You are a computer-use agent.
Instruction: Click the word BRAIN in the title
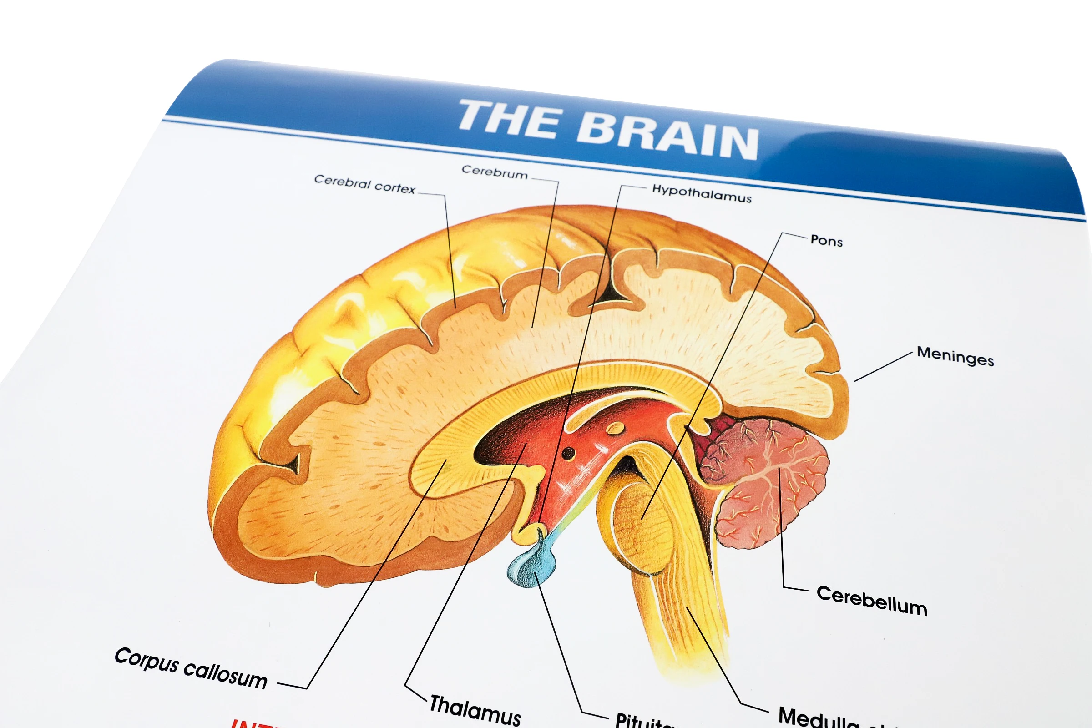click(667, 135)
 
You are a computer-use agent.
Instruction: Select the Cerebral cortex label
click(364, 184)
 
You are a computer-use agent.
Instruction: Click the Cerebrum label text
click(495, 172)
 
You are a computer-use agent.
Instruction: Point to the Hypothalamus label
click(702, 193)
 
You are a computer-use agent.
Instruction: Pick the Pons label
click(826, 241)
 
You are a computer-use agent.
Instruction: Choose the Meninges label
click(955, 356)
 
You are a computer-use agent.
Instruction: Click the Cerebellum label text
click(872, 601)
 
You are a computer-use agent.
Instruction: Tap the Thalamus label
click(475, 709)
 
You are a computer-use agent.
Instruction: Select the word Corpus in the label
click(147, 659)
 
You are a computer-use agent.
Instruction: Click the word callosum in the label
click(226, 674)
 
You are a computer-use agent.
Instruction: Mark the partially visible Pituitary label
click(645, 721)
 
